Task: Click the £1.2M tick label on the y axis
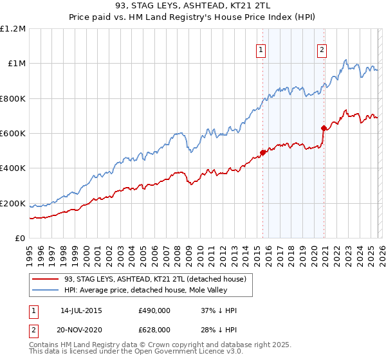(13, 28)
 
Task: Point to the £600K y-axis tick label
(13, 134)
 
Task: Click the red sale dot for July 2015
(262, 153)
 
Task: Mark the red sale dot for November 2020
(324, 129)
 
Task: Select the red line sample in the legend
(45, 279)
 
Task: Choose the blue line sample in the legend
(45, 290)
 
